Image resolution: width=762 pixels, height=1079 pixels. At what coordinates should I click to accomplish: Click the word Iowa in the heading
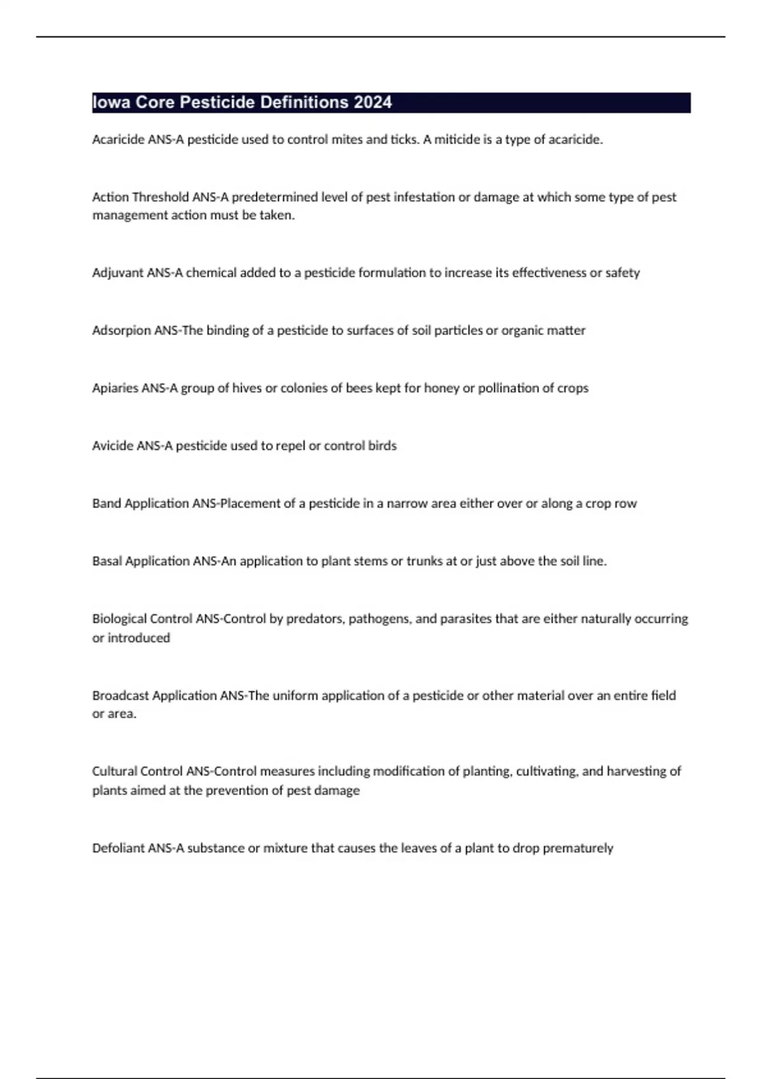tap(111, 102)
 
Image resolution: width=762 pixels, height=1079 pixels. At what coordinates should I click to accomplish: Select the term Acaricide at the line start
tap(118, 140)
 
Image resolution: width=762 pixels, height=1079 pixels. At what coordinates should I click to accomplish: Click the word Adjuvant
tap(117, 273)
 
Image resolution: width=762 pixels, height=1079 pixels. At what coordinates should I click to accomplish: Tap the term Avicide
tap(112, 446)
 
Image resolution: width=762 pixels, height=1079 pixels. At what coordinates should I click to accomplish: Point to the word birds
tap(382, 446)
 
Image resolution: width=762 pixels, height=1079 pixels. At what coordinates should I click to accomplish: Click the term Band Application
tap(140, 504)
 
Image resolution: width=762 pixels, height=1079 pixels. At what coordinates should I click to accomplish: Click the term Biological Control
tap(142, 619)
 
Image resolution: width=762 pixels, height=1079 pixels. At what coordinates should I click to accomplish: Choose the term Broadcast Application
tap(154, 696)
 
